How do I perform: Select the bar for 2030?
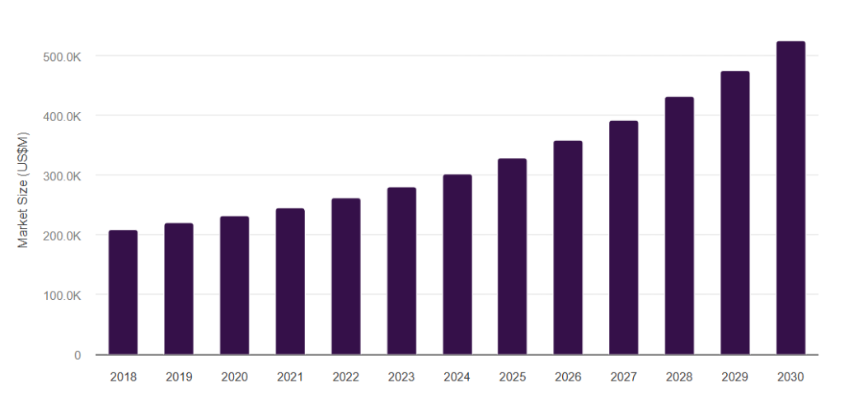tap(790, 198)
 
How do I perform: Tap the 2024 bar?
tap(457, 264)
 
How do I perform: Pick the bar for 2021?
tap(290, 282)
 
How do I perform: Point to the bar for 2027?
tap(623, 238)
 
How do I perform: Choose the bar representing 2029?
tap(734, 213)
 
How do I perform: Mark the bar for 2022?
tap(345, 277)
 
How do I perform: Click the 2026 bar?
tap(568, 248)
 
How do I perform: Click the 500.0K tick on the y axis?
tap(63, 56)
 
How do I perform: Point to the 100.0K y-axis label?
tap(63, 295)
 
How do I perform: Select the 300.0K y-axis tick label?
tap(63, 175)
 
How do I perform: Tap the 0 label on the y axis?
tap(77, 355)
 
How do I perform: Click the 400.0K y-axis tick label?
tap(63, 116)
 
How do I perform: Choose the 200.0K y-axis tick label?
tap(63, 236)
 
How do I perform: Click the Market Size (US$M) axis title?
tap(24, 190)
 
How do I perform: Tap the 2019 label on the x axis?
tap(179, 377)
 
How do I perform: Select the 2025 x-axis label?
tap(512, 377)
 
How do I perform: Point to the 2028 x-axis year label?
tap(679, 377)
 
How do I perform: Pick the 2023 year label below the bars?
tap(401, 377)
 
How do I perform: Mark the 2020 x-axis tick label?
tap(234, 377)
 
